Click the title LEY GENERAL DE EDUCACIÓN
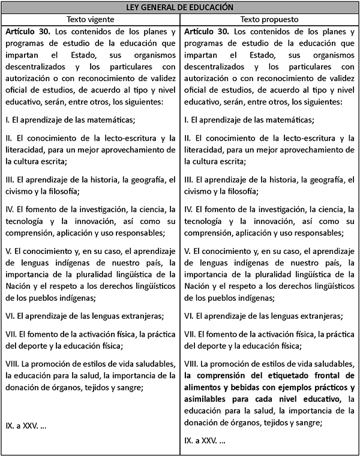click(x=180, y=8)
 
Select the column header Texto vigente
click(x=91, y=19)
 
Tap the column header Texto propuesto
click(x=269, y=19)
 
